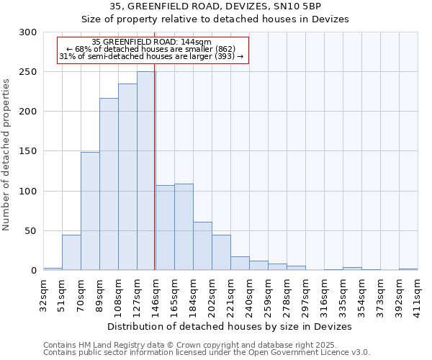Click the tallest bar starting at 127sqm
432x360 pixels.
click(145, 171)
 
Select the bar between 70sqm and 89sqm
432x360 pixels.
click(90, 211)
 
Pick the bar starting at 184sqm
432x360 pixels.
click(202, 246)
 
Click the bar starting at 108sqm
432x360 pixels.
click(127, 177)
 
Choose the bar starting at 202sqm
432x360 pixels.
click(221, 253)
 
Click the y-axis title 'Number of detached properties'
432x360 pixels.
click(7, 152)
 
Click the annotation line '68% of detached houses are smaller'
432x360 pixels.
click(151, 49)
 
